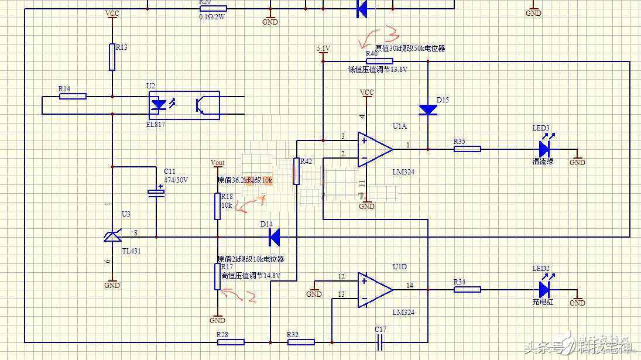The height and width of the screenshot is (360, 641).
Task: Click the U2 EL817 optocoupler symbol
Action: [183, 105]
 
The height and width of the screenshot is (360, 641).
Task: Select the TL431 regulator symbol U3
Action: [112, 236]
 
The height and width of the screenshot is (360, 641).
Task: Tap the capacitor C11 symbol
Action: [156, 192]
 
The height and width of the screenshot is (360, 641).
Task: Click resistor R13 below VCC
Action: [112, 57]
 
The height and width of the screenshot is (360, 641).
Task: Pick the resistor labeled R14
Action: [73, 96]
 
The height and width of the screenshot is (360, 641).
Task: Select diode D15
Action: [428, 109]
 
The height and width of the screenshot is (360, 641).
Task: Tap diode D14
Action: [274, 237]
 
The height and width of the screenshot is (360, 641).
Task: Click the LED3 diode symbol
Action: [544, 149]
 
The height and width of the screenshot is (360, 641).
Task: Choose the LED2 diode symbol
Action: [544, 289]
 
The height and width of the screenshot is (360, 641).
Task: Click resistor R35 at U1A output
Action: [467, 149]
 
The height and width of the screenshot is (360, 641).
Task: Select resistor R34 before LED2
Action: [467, 289]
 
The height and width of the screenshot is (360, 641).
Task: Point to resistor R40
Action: [379, 61]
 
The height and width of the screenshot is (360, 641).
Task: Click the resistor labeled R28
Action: [231, 342]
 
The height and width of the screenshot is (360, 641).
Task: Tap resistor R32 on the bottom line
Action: [301, 342]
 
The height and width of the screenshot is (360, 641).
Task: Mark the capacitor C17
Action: [381, 342]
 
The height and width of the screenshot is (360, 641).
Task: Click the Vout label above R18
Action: [217, 162]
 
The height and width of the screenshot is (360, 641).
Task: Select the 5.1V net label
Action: [323, 48]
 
